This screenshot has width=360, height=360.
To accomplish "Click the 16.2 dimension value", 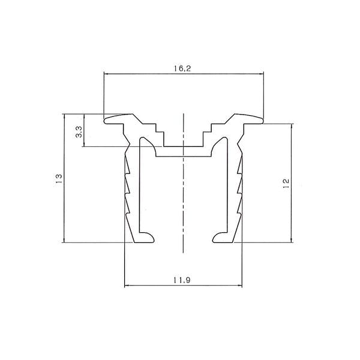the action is tap(182, 68).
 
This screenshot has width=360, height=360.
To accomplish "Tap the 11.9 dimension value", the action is tap(182, 280).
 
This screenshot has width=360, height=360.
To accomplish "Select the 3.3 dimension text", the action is tap(79, 132).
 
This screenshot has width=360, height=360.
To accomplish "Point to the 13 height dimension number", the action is tap(59, 178).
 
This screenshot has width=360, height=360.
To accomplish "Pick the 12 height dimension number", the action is tap(286, 184).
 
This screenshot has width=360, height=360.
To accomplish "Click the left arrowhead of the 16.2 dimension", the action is tap(106, 74).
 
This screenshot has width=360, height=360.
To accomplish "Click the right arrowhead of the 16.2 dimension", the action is tap(261, 74).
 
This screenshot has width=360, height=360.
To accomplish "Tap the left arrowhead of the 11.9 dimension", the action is tap(127, 286).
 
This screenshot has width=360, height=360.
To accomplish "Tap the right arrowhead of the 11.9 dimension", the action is tap(240, 286).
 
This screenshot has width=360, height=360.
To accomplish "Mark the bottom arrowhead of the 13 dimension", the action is tap(64, 240).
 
